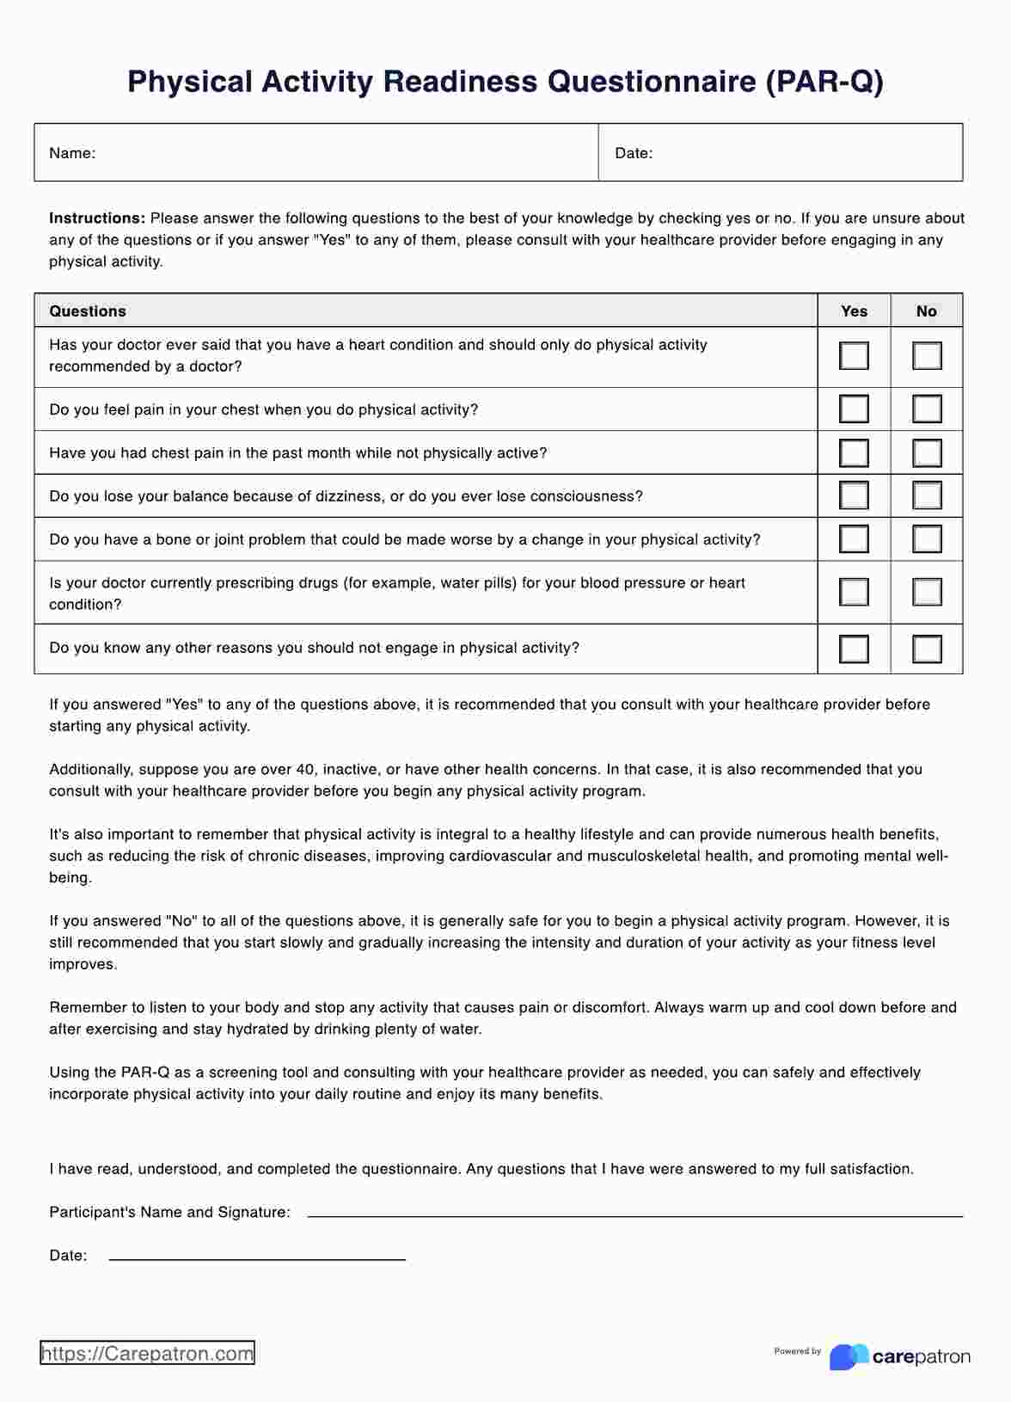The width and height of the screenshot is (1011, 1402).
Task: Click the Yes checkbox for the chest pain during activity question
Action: (x=854, y=409)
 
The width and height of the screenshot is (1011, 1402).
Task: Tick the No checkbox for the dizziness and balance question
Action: (x=927, y=495)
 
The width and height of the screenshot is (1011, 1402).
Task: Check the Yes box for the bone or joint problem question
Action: (x=854, y=539)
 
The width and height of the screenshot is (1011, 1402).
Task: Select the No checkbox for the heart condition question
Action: (x=927, y=356)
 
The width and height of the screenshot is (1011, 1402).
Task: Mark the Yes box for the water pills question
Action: (x=854, y=592)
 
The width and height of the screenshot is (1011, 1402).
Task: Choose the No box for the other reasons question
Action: (x=927, y=649)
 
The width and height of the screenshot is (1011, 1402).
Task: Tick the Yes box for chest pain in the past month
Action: (x=854, y=452)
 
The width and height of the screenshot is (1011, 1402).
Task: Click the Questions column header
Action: (x=88, y=311)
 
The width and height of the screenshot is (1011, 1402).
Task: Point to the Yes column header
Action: (x=854, y=311)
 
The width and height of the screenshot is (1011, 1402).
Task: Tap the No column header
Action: (x=926, y=311)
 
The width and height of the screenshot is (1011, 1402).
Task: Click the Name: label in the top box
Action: (x=72, y=153)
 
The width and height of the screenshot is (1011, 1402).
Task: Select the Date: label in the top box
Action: (x=634, y=153)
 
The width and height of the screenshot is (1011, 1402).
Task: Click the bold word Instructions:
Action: (x=97, y=218)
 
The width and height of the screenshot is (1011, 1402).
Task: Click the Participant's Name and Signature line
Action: (x=634, y=1214)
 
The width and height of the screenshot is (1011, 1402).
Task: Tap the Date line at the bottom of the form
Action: (x=257, y=1257)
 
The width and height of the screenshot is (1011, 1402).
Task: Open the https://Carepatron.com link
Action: (x=147, y=1354)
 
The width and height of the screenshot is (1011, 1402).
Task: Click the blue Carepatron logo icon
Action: (x=848, y=1356)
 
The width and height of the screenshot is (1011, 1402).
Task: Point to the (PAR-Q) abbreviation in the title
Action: (x=824, y=82)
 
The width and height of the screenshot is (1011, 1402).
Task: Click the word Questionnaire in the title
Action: (x=651, y=82)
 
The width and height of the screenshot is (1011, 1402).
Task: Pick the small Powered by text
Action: (x=797, y=1351)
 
